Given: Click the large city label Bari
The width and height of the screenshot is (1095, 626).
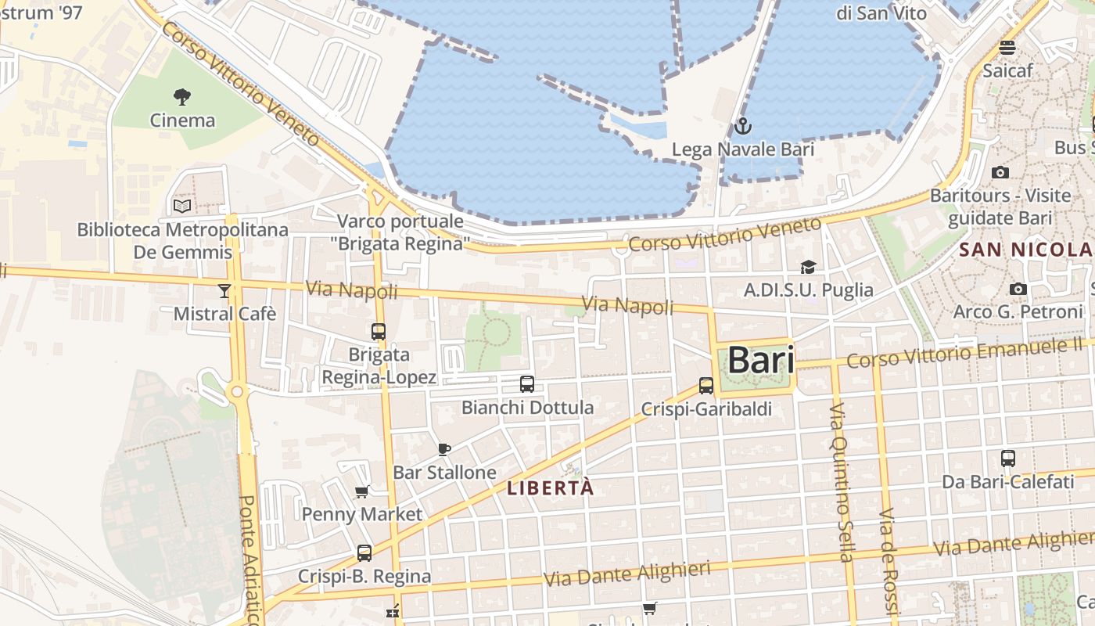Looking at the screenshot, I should click(x=761, y=361).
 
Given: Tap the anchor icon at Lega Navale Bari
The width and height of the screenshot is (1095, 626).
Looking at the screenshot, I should click(x=742, y=125).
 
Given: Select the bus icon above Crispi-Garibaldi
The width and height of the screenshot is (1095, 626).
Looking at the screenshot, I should click(x=706, y=385).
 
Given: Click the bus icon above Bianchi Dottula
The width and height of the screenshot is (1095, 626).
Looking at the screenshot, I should click(x=527, y=384).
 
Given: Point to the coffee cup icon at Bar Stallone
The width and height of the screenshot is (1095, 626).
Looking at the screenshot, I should click(x=444, y=449).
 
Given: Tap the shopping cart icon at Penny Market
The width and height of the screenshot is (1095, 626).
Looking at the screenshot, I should click(x=361, y=491).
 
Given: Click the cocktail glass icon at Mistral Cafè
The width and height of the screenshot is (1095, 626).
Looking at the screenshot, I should click(x=224, y=291).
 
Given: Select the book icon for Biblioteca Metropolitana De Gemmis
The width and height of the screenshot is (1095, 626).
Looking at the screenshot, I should click(x=182, y=206).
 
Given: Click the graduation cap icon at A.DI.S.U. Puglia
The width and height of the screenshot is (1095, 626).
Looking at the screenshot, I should click(x=808, y=267).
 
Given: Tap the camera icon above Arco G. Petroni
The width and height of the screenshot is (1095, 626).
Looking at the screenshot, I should click(x=1018, y=289).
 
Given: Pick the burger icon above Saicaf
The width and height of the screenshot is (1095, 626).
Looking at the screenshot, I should click(x=1007, y=47).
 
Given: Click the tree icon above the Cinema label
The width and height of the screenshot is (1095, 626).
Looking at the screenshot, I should click(x=182, y=97).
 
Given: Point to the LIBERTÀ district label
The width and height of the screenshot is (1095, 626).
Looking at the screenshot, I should click(x=551, y=488).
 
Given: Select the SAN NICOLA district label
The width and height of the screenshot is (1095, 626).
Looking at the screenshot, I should click(x=1025, y=250).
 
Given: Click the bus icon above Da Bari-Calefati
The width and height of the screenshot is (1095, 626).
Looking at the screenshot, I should click(x=1008, y=458).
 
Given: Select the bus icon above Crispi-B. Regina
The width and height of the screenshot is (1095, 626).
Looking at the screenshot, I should click(x=364, y=553).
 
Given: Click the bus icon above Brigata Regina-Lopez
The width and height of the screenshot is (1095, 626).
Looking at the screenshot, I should click(x=379, y=331).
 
